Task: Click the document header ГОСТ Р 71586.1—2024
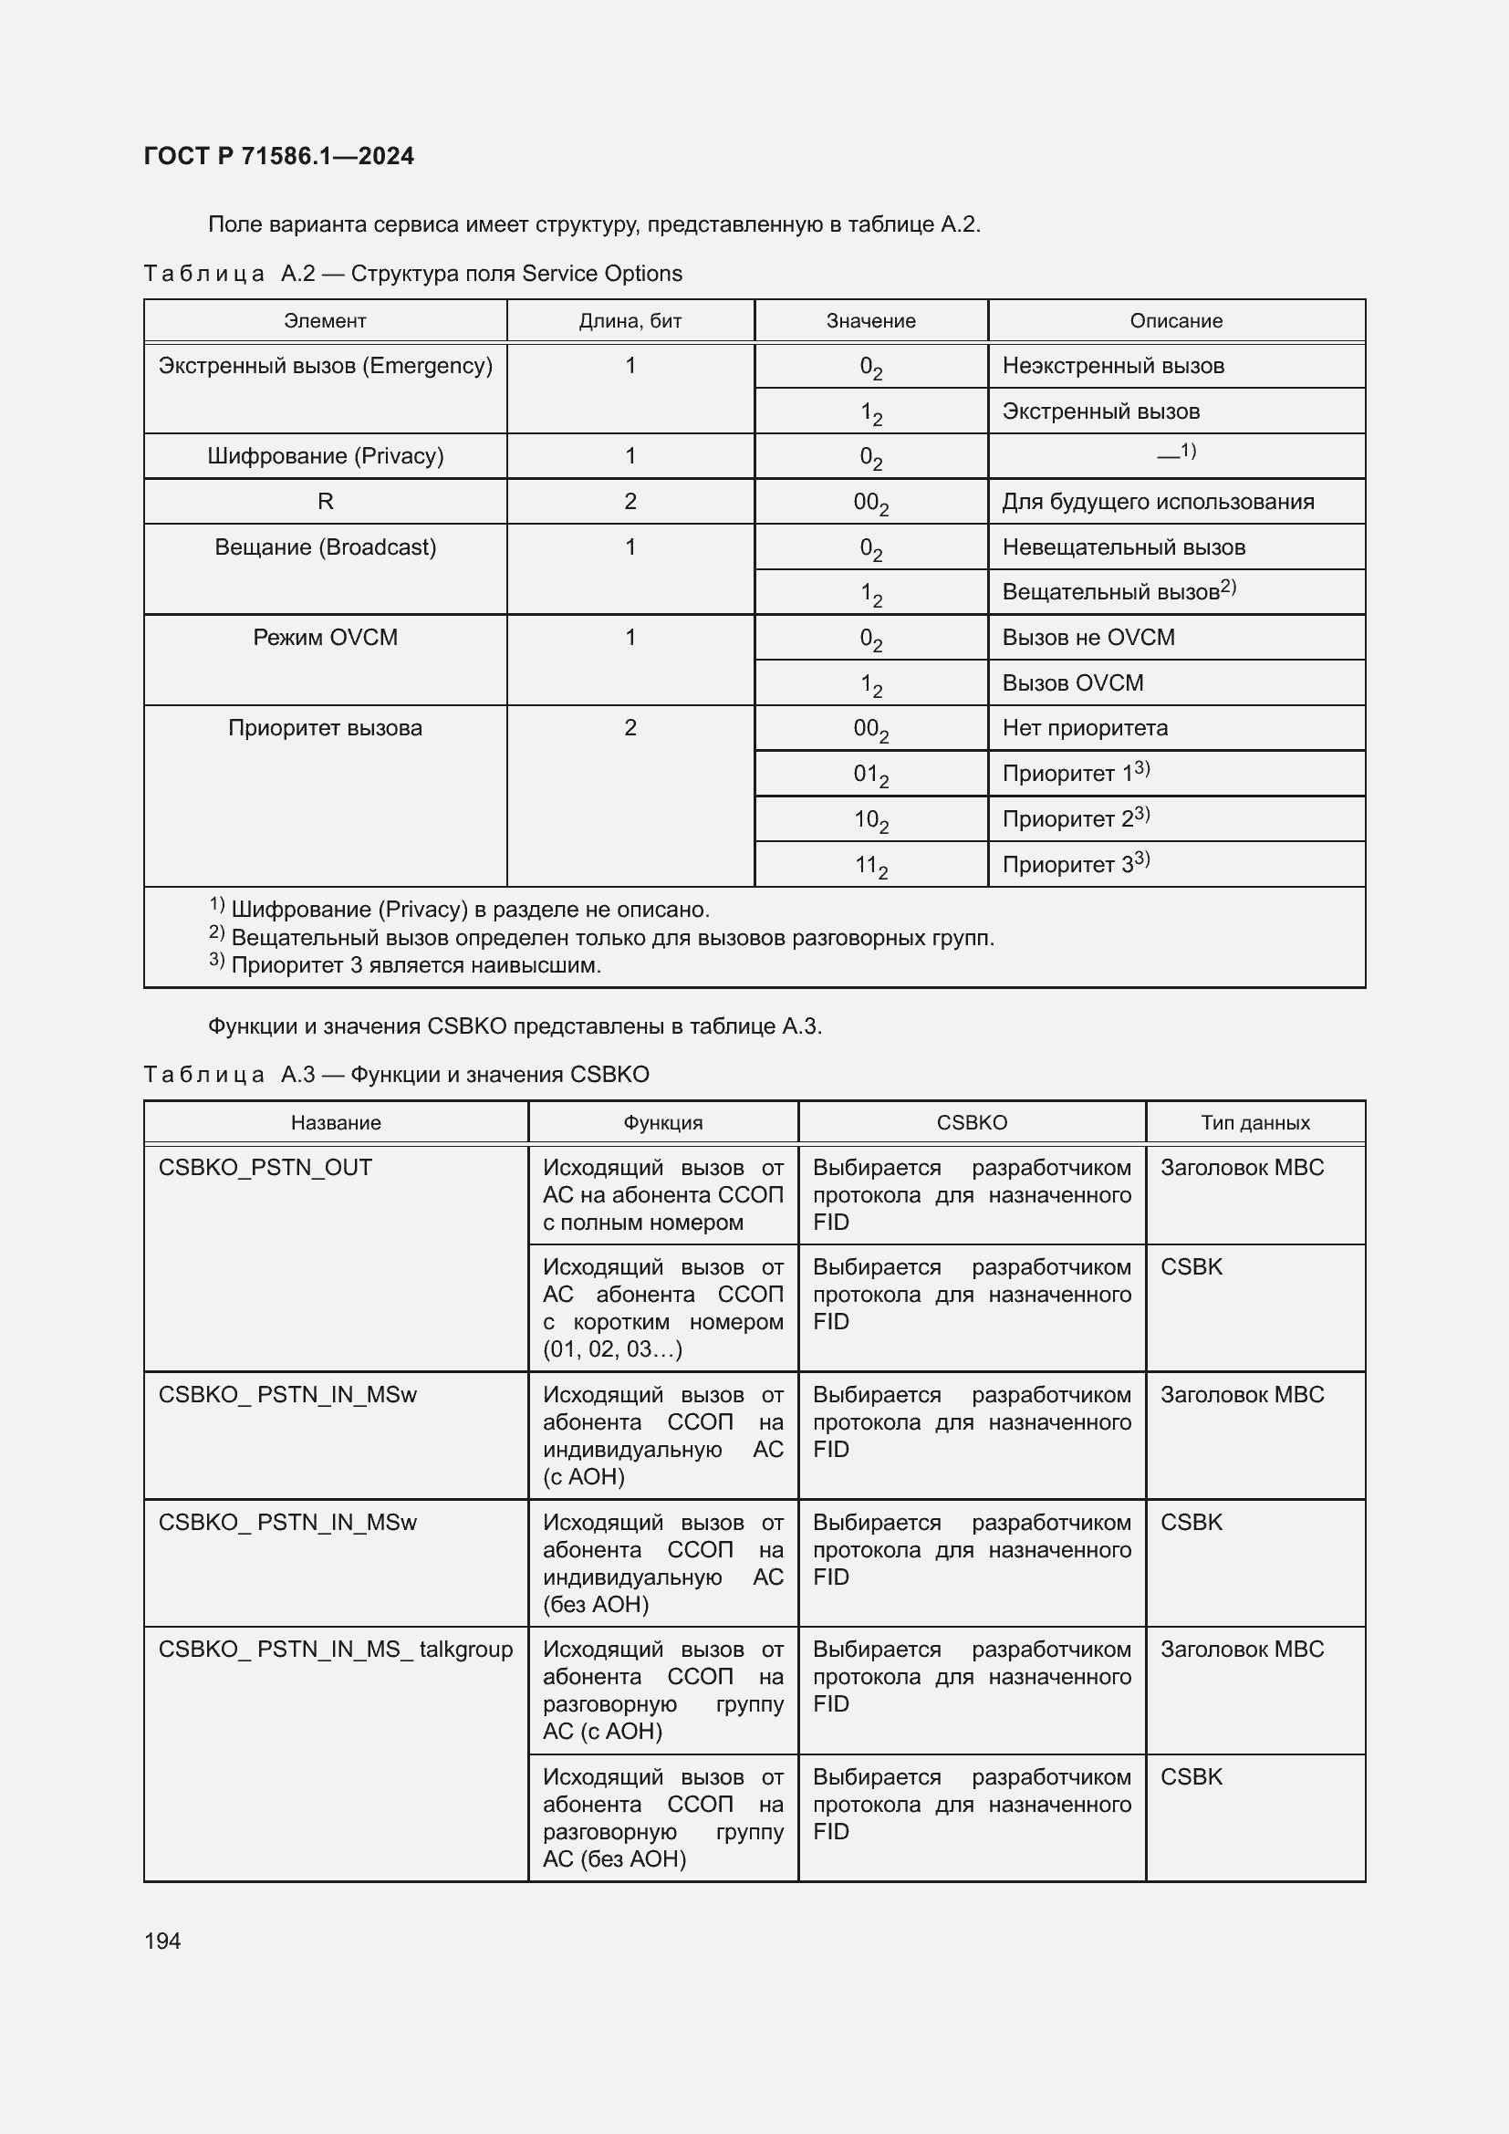click(x=279, y=156)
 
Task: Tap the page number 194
click(x=162, y=1941)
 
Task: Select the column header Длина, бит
click(x=630, y=320)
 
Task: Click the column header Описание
click(x=1175, y=320)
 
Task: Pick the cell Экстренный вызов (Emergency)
click(x=325, y=366)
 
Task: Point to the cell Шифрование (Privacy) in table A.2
click(x=325, y=456)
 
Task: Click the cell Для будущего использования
click(x=1158, y=502)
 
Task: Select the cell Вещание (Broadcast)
click(x=325, y=547)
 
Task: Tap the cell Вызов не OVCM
click(x=1088, y=638)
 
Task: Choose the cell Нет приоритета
click(x=1085, y=728)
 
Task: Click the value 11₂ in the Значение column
click(x=870, y=866)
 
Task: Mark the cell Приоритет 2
click(x=1075, y=818)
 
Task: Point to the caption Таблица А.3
click(x=396, y=1075)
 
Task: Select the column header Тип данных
click(x=1254, y=1123)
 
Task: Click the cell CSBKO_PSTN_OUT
click(x=265, y=1168)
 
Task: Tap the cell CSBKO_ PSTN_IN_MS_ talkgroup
click(x=336, y=1650)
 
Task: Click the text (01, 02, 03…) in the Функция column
click(x=612, y=1348)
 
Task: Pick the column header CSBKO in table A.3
click(x=971, y=1123)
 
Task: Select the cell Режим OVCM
click(x=325, y=638)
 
